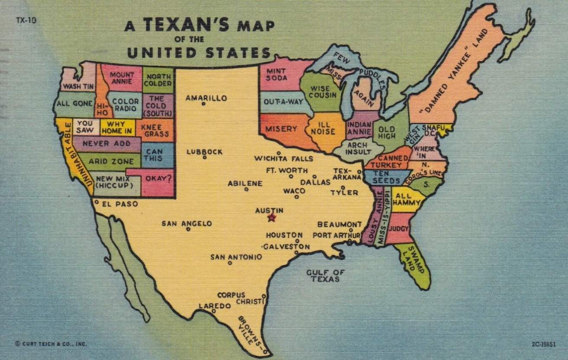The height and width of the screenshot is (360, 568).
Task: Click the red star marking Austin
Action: pos(272,218)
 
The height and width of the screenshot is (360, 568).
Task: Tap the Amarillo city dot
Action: pos(203,104)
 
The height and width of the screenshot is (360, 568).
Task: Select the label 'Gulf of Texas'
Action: pos(325,276)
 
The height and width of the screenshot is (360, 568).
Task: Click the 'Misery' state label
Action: pos(281,129)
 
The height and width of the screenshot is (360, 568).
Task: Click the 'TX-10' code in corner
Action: pos(26,20)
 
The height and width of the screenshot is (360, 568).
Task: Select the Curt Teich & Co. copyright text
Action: pos(51,344)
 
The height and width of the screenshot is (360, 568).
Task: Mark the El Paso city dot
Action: pos(96,202)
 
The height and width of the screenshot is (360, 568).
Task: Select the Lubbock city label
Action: pos(205,152)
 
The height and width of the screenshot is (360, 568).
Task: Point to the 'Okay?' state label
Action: pos(158,178)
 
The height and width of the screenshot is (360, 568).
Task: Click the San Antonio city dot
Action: pos(230,263)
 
